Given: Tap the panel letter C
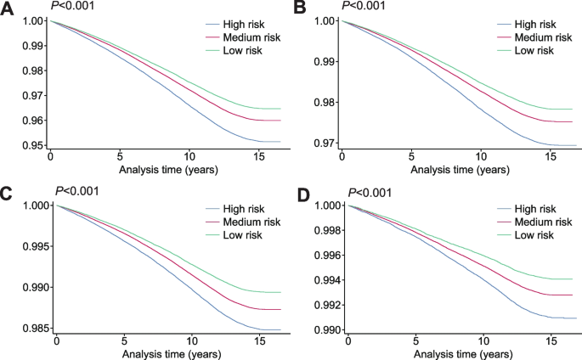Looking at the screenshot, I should (x=8, y=194).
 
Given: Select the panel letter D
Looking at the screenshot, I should (x=299, y=194).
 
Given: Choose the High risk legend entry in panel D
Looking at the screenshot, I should (x=540, y=208).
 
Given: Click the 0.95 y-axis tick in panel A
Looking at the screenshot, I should (x=31, y=146).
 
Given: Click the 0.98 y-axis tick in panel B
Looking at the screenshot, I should (x=323, y=104).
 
